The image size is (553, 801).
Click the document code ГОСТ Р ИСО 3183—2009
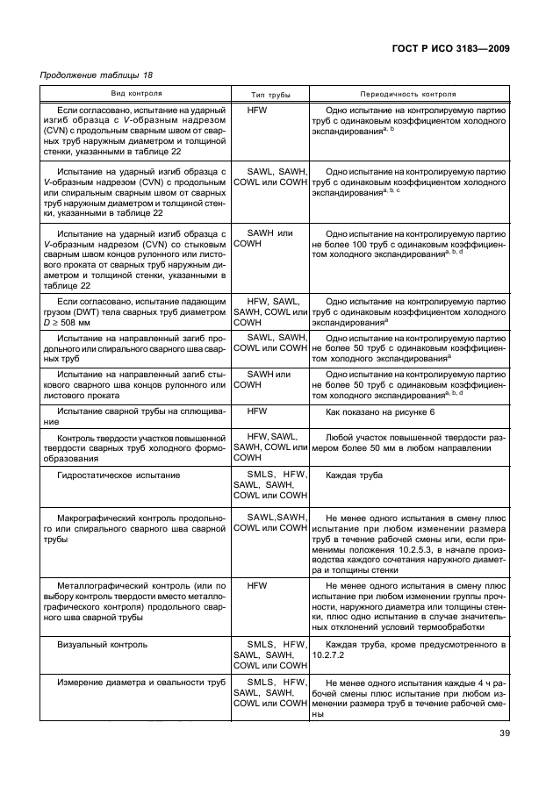pyautogui.click(x=445, y=49)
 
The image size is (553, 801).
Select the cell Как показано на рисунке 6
pyautogui.click(x=379, y=411)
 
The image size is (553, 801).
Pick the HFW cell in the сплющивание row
pyautogui.click(x=256, y=411)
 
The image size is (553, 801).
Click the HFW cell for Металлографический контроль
pyautogui.click(x=256, y=584)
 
